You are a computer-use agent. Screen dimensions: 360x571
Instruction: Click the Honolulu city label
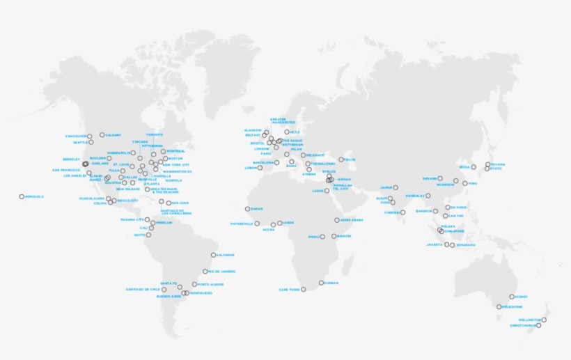pyautogui.click(x=35, y=196)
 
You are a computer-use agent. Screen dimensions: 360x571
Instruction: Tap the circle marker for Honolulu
pyautogui.click(x=22, y=196)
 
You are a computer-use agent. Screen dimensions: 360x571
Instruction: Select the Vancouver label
pyautogui.click(x=75, y=136)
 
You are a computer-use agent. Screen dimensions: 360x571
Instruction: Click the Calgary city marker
pyautogui.click(x=102, y=135)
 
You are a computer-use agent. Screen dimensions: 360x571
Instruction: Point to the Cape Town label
pyautogui.click(x=289, y=289)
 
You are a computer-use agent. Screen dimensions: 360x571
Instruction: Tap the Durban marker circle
pyautogui.click(x=321, y=283)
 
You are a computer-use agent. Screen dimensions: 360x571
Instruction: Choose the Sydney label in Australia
pyautogui.click(x=522, y=297)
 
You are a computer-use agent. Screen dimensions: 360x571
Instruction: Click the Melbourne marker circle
pyautogui.click(x=499, y=306)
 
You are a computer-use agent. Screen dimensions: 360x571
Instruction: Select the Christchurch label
pyautogui.click(x=522, y=325)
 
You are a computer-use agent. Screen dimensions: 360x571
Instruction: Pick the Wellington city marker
pyautogui.click(x=544, y=320)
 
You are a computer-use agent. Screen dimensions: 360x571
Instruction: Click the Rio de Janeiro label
pyautogui.click(x=222, y=272)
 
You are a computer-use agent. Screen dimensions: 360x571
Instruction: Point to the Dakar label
pyautogui.click(x=256, y=209)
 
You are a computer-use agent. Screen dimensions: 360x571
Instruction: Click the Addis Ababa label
pyautogui.click(x=352, y=220)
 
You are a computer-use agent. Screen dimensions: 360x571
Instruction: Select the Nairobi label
pyautogui.click(x=343, y=236)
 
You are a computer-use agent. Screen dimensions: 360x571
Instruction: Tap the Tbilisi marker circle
pyautogui.click(x=341, y=159)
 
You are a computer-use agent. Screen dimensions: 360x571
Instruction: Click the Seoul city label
pyautogui.click(x=464, y=167)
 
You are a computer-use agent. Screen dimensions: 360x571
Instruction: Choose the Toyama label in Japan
pyautogui.click(x=498, y=164)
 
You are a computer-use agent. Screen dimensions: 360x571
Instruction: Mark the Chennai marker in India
pyautogui.click(x=402, y=212)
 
